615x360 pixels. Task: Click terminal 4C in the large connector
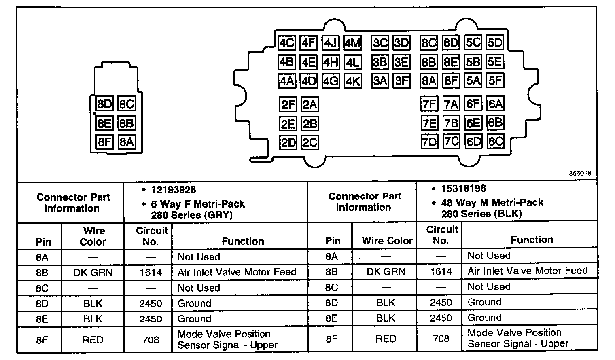287,43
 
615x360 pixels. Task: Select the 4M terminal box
352,43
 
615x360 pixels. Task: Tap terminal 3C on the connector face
380,43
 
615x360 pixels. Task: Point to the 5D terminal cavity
495,43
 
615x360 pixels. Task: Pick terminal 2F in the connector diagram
288,105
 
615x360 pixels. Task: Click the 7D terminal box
429,142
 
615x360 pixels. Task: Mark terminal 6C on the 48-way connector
495,142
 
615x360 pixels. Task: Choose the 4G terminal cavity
331,81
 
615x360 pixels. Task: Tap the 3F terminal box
402,81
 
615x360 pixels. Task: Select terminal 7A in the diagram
451,104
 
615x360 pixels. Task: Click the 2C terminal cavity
310,143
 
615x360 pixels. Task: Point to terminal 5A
473,80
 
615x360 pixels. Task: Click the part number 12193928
174,190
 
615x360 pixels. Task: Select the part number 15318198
464,188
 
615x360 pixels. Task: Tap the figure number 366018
580,173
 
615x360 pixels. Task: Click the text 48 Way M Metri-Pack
492,202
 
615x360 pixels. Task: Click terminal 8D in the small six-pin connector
104,104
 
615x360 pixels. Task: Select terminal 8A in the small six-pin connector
126,142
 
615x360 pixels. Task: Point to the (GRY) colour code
219,215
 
